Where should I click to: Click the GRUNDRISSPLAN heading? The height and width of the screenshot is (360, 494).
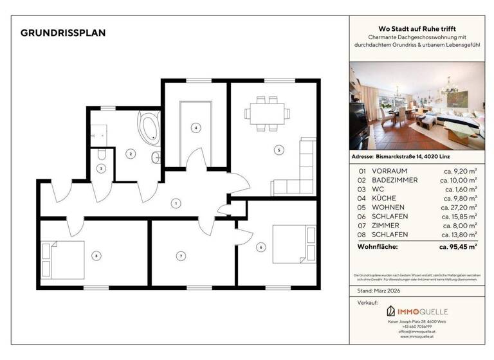[x=63, y=33]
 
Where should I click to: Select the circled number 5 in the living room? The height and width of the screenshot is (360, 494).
[x=278, y=150]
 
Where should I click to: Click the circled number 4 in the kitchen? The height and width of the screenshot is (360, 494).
[x=196, y=127]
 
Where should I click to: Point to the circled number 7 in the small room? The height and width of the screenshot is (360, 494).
[x=181, y=256]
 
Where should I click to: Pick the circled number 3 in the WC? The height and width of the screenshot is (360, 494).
[x=101, y=168]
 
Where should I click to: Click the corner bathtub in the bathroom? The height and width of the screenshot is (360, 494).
[x=150, y=126]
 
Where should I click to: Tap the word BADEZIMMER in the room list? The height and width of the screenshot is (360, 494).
[x=395, y=180]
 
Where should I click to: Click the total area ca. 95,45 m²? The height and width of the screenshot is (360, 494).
[x=457, y=246]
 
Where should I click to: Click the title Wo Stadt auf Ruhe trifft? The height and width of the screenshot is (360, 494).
[x=416, y=30]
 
